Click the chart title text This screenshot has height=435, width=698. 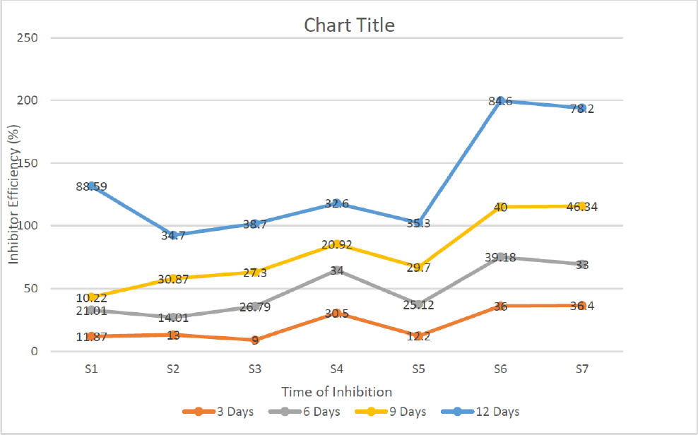point(349,25)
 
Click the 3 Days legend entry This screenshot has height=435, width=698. point(221,412)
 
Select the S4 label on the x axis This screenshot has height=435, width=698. point(337,368)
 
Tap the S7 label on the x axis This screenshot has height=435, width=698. point(581,368)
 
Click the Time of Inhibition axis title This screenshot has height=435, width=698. point(336,391)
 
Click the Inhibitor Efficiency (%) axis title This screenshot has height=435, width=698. point(13,195)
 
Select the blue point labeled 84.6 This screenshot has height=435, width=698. point(500,101)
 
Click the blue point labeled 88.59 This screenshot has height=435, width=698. point(92,186)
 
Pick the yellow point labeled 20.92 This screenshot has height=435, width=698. point(337,244)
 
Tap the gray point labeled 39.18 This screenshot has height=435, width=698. point(500,257)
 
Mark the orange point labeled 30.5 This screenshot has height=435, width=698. point(337,313)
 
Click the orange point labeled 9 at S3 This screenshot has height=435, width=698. point(255,340)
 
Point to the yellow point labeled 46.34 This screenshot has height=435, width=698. point(581,206)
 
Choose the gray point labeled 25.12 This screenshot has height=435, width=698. point(419,304)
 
